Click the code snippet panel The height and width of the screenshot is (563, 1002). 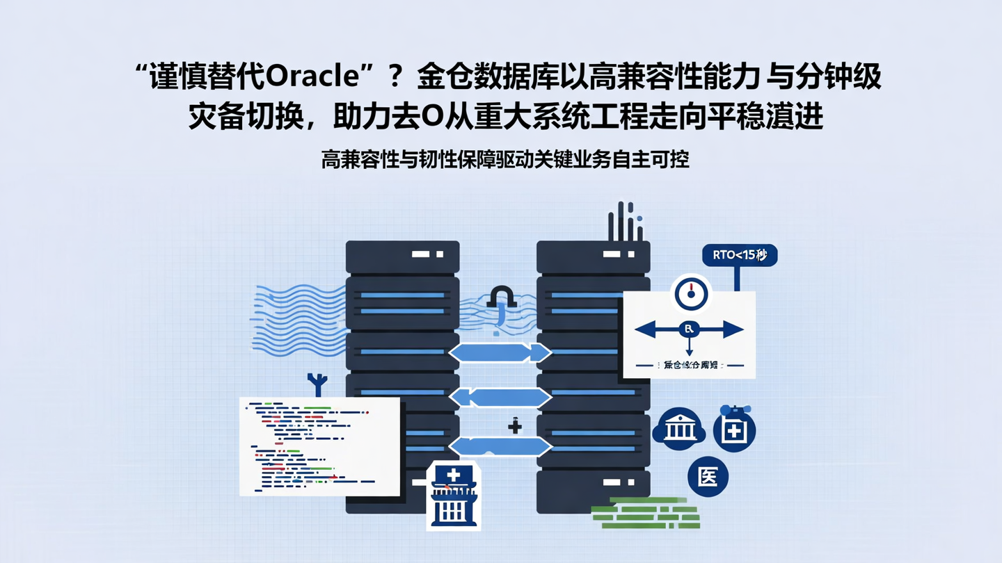click(319, 446)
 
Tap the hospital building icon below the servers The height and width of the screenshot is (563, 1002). click(453, 496)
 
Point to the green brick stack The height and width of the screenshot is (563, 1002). click(644, 513)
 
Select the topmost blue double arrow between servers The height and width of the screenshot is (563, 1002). click(500, 353)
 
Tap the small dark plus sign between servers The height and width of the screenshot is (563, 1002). click(515, 426)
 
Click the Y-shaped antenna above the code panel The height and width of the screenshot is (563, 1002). click(317, 384)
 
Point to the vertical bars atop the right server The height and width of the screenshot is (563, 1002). click(624, 221)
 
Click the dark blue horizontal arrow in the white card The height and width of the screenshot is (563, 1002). click(689, 329)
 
